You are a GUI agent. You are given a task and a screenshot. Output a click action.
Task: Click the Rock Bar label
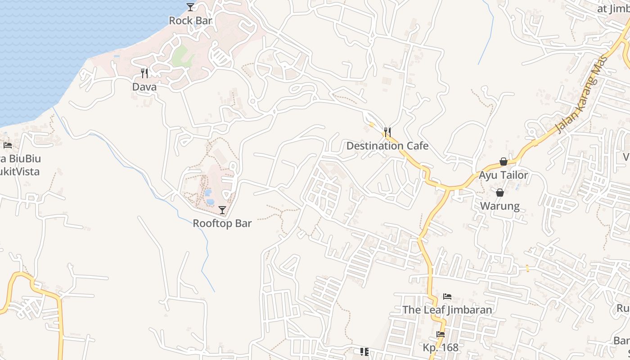click(x=190, y=21)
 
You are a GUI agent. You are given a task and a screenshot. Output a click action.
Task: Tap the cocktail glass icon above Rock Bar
click(x=190, y=7)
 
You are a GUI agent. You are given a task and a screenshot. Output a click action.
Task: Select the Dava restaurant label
click(x=144, y=87)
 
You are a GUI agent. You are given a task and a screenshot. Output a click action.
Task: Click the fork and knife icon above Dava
click(x=144, y=73)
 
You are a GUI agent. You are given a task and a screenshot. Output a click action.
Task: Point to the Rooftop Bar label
click(x=222, y=224)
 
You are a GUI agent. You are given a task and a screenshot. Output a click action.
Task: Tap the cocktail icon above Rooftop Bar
click(x=222, y=210)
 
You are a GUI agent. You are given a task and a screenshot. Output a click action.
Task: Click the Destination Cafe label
click(x=387, y=146)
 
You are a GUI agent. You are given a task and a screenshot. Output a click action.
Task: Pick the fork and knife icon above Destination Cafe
click(x=387, y=132)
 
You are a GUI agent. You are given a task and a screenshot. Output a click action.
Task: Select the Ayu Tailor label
click(x=503, y=175)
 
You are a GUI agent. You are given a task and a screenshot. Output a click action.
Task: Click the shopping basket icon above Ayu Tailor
click(x=503, y=162)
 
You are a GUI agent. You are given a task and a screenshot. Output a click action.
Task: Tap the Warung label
click(x=499, y=207)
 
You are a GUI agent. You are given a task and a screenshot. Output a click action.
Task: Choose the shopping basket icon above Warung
click(x=499, y=193)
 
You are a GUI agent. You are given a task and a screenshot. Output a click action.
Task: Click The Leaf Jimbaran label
click(x=447, y=310)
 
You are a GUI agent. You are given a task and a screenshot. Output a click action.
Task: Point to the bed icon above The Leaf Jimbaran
click(x=447, y=297)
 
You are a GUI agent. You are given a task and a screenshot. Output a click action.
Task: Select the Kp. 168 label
click(x=441, y=348)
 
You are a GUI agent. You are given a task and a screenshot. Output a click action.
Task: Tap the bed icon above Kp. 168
click(x=441, y=334)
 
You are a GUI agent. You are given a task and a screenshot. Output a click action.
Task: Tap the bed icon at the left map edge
click(x=8, y=145)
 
